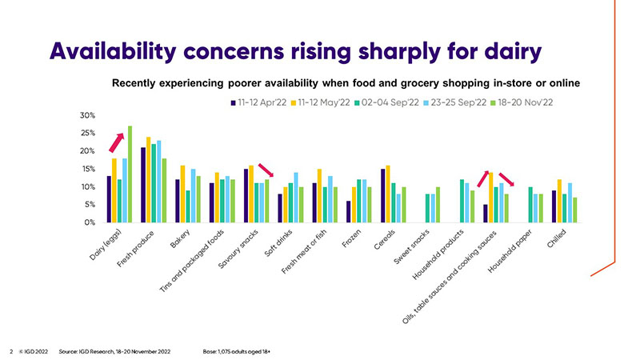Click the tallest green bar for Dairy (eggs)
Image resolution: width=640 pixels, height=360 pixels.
pos(130,174)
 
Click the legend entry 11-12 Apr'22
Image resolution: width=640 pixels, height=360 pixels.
pos(255,102)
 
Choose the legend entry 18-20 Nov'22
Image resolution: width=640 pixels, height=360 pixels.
pos(528,102)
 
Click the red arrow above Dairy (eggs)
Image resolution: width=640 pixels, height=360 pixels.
pos(116,142)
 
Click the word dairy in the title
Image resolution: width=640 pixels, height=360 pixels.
pos(501,50)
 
